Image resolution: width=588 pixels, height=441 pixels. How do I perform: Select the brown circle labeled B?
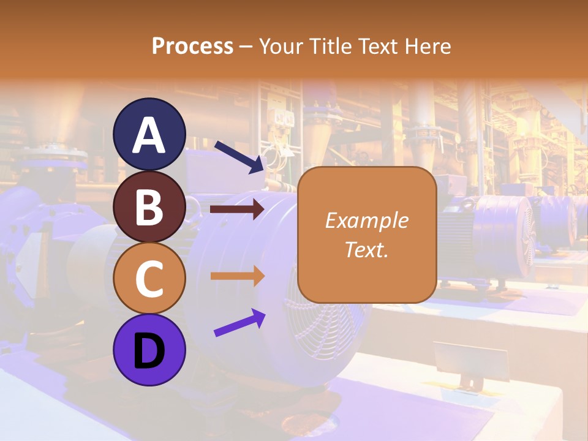point(149,206)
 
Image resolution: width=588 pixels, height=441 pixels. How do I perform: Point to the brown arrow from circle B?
point(237,209)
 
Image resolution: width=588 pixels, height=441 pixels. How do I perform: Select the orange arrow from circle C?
point(237,276)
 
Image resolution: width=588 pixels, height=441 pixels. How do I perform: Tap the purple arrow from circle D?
point(239,323)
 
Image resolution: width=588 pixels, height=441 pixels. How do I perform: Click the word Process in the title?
point(192,46)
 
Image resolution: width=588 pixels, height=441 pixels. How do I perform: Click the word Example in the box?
point(367,221)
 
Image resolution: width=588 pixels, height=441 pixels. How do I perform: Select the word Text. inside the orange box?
point(367,249)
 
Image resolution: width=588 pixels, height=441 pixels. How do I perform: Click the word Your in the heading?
point(281,46)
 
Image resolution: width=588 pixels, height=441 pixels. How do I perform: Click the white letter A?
point(149,136)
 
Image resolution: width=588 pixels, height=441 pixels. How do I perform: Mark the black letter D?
point(149,352)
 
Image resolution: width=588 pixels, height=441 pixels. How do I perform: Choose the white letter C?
point(149,279)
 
